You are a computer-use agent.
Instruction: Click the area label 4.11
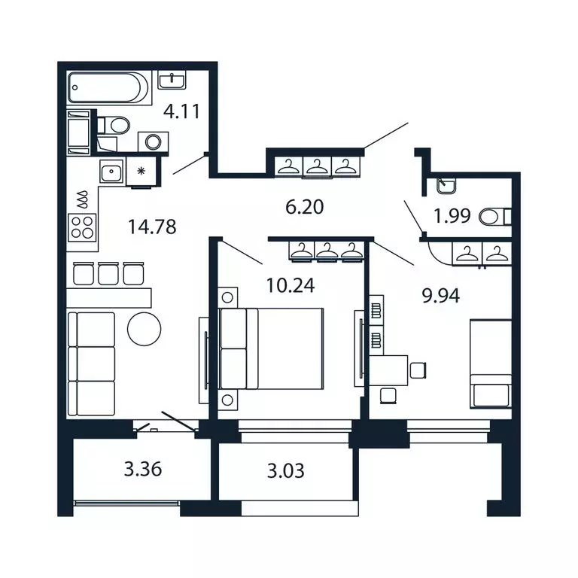[x=181, y=113]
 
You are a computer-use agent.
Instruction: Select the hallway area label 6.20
[x=305, y=206]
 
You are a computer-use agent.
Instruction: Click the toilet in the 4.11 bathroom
[x=115, y=125]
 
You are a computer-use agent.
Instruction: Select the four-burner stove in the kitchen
[x=83, y=226]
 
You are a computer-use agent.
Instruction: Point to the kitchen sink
[x=113, y=171]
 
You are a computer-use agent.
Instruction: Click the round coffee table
[x=144, y=328]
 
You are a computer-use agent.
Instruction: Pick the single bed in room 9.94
[x=491, y=364]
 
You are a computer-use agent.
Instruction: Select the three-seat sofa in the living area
[x=91, y=364]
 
